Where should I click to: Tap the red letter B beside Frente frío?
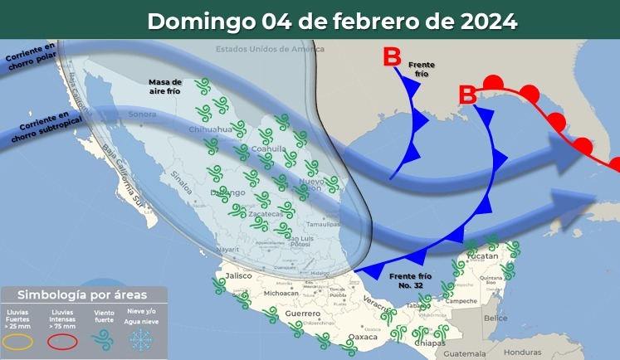click(x=391, y=58)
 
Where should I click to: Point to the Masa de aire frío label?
click(x=165, y=86)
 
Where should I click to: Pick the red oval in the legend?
click(x=62, y=341)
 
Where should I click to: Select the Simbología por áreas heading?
click(x=83, y=294)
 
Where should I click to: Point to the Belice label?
click(x=496, y=318)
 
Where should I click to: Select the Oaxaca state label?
click(x=362, y=337)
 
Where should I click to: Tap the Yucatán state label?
click(x=479, y=257)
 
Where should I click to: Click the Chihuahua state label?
click(x=210, y=130)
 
